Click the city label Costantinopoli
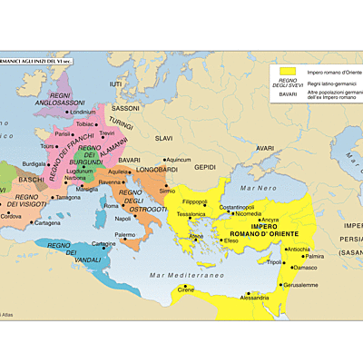[237, 207]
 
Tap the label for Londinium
[82, 113]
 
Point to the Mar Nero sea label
[259, 188]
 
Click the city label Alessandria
[254, 297]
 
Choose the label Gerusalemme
[302, 283]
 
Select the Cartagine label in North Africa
[103, 243]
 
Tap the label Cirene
[185, 289]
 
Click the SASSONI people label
[125, 108]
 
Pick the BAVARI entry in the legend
[288, 93]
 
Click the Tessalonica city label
[191, 214]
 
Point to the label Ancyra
[270, 219]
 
